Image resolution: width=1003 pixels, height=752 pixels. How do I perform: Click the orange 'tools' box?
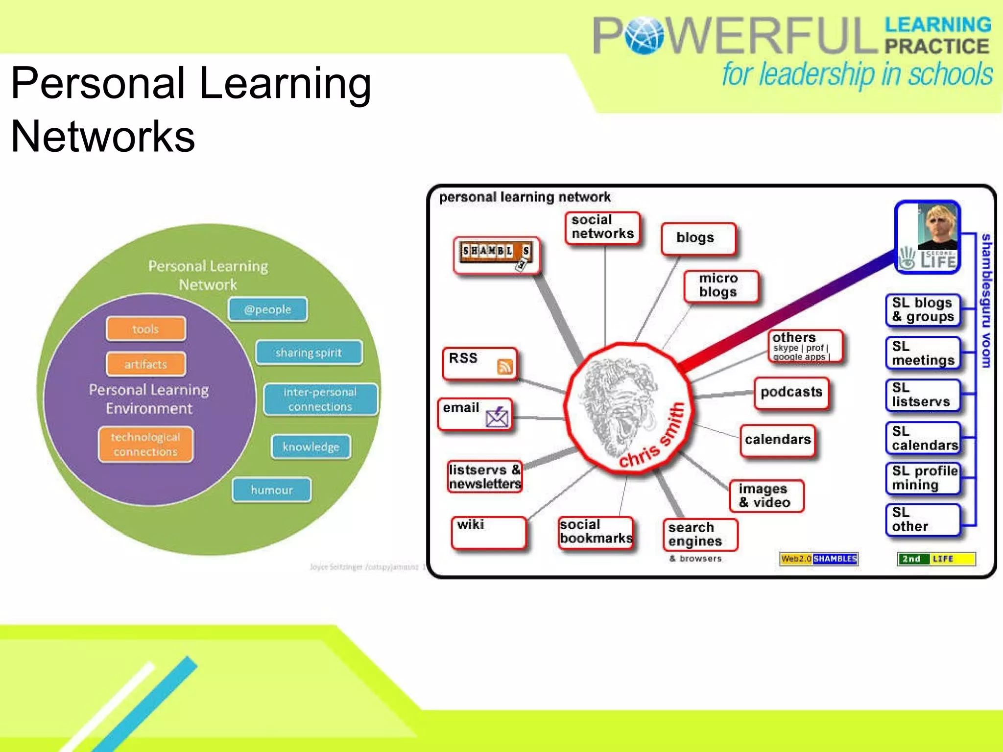[145, 329]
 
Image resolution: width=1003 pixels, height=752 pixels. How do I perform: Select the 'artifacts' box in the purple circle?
[145, 364]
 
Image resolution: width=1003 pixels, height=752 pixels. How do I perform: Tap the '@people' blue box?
[267, 309]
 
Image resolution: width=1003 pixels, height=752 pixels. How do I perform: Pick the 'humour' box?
[271, 490]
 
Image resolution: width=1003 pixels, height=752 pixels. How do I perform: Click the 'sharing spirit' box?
[309, 352]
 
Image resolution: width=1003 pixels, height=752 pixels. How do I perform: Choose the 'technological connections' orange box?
[145, 445]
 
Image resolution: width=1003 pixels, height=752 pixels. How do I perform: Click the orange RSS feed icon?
[505, 366]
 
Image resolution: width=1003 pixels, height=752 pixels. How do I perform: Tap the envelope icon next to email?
[497, 417]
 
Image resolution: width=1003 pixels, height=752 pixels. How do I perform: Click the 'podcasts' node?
[791, 393]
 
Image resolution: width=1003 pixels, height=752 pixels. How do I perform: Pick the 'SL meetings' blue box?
[923, 353]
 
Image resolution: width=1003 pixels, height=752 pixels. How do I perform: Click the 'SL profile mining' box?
[923, 478]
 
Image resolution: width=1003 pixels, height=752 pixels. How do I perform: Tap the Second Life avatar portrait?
[937, 226]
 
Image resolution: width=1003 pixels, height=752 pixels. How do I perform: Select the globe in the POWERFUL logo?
[644, 35]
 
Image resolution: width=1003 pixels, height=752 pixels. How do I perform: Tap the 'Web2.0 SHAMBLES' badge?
[818, 559]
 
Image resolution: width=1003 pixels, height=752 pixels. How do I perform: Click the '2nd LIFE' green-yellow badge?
[936, 559]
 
